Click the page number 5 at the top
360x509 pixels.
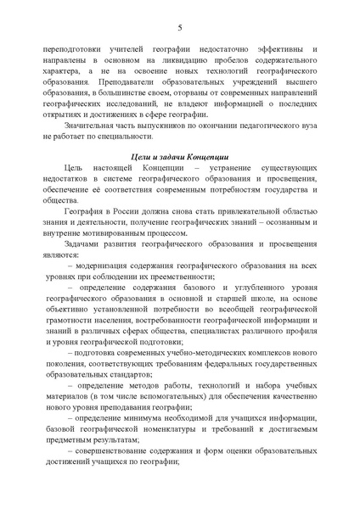tap(179, 28)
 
